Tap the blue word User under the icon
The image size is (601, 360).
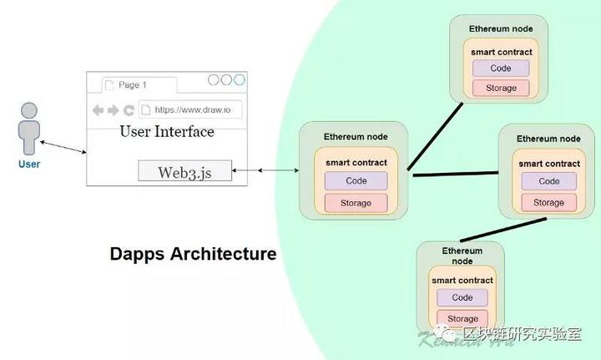tap(29, 165)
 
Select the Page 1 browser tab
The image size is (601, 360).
tap(133, 85)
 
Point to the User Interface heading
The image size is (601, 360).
tap(167, 132)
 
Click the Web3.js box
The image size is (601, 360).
tap(184, 172)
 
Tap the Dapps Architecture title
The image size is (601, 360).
tap(193, 254)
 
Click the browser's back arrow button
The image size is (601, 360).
tap(98, 110)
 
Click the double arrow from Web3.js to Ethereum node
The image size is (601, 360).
tap(265, 170)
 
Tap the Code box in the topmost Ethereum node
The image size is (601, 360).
tap(500, 68)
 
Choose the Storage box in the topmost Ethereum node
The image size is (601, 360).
tap(500, 88)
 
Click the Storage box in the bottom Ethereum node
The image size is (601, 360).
tap(462, 318)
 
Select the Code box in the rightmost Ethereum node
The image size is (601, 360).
tap(548, 181)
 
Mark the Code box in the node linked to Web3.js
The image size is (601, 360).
tap(356, 180)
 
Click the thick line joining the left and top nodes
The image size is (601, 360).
tap(435, 135)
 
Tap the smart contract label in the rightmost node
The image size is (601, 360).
tap(548, 165)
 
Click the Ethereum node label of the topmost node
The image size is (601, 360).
tap(500, 28)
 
